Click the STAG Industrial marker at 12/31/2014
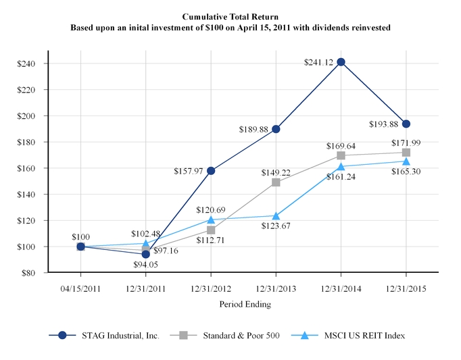coord(341,62)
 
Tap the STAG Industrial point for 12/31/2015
coord(406,124)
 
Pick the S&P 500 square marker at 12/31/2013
coord(276,182)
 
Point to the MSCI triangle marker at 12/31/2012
coord(211,220)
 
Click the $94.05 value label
coord(145,264)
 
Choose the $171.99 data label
coord(405,143)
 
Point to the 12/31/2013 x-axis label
coord(276,287)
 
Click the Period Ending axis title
coord(245,305)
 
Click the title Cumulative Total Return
coord(230,15)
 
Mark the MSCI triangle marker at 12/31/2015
coord(406,161)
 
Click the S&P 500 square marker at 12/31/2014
coord(341,155)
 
